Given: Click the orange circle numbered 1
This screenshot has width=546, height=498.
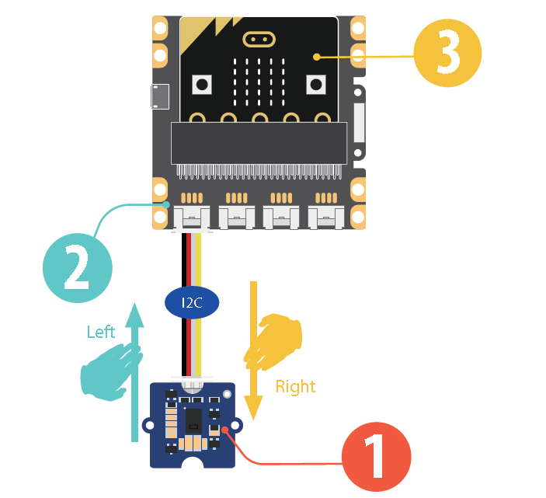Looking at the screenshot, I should click(x=376, y=457).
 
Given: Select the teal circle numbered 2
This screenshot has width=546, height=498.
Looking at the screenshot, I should click(x=77, y=268).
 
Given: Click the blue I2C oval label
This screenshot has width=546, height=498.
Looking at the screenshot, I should click(x=192, y=302).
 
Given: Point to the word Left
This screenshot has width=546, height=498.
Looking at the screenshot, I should click(x=101, y=333).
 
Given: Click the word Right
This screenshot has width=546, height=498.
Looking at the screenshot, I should click(x=296, y=386).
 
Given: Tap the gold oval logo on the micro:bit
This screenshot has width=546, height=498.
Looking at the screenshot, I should click(x=259, y=39).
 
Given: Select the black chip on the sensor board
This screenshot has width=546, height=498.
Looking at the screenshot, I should click(x=194, y=420).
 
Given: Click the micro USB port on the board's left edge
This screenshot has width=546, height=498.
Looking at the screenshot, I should click(x=160, y=97).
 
